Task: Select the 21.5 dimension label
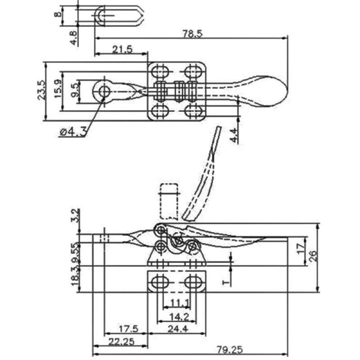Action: pyautogui.click(x=122, y=49)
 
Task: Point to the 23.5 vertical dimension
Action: pyautogui.click(x=40, y=90)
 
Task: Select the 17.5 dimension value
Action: pyautogui.click(x=127, y=329)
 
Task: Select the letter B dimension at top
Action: pyautogui.click(x=57, y=14)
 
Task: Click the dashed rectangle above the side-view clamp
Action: pyautogui.click(x=169, y=200)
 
